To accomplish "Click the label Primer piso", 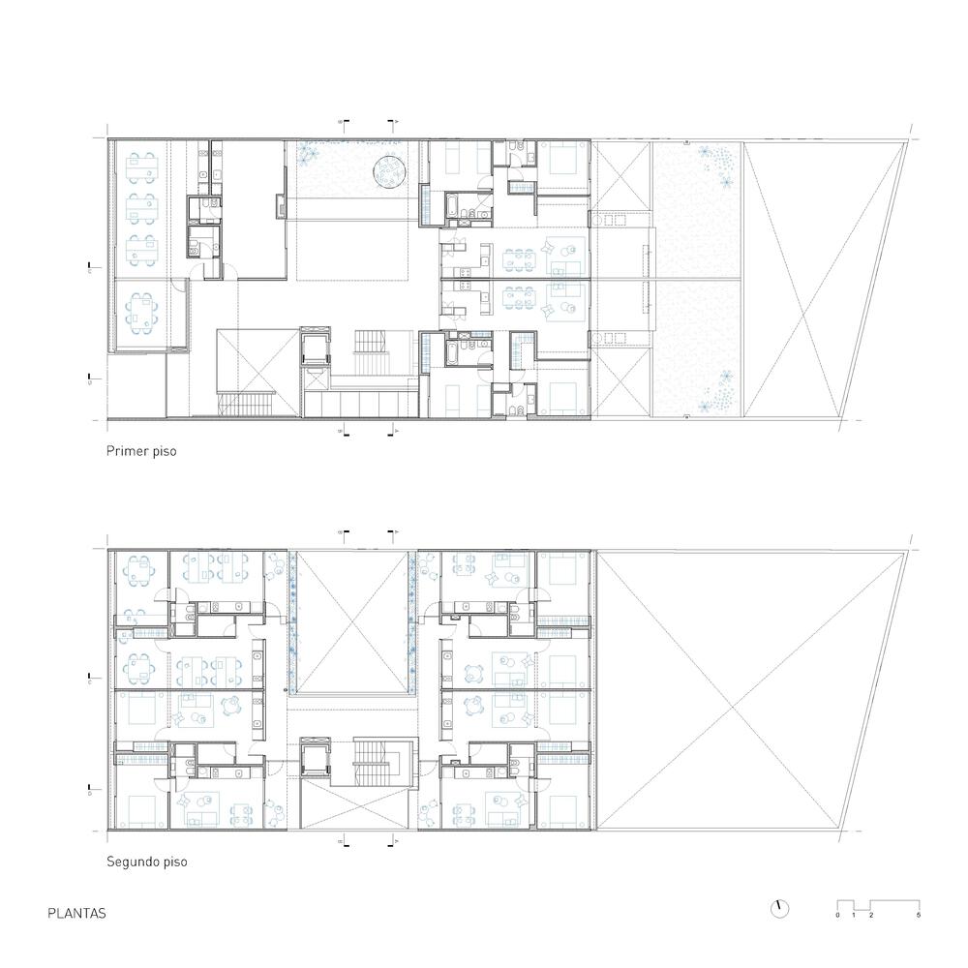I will pos(141,451).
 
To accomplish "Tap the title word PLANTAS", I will pos(76,913).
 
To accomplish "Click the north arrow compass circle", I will pos(779,908).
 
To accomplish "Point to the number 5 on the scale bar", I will pos(918,915).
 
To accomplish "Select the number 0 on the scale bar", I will pos(838,915).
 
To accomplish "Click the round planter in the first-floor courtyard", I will pos(389,170).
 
